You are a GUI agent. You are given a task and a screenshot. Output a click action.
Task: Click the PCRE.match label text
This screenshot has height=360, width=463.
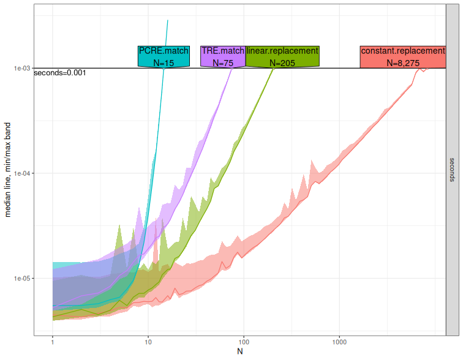164,51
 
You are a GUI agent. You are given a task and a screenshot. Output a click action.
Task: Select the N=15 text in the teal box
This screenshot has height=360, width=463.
164,62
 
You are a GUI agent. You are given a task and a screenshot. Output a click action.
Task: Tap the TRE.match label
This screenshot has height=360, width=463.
223,51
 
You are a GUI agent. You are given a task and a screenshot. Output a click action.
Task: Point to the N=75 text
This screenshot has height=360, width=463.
223,62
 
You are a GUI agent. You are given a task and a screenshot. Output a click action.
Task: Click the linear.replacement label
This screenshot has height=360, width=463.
282,51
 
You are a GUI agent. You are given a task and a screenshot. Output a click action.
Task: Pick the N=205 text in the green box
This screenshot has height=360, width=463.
282,62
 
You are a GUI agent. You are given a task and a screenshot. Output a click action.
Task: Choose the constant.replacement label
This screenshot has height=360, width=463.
402,51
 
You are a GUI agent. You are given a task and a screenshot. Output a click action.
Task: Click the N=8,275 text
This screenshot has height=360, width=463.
402,62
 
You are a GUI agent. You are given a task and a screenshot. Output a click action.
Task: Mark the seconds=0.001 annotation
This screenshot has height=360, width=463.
59,73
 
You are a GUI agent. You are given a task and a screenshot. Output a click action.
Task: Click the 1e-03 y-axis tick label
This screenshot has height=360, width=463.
22,69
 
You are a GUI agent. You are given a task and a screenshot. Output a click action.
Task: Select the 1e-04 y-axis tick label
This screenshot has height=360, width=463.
22,173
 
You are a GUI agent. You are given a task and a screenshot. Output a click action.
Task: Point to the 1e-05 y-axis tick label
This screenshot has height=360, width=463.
22,279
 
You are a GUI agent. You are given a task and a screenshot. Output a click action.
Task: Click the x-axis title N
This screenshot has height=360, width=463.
240,351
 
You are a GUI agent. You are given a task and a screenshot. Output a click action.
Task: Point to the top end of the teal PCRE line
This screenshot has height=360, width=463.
168,20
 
